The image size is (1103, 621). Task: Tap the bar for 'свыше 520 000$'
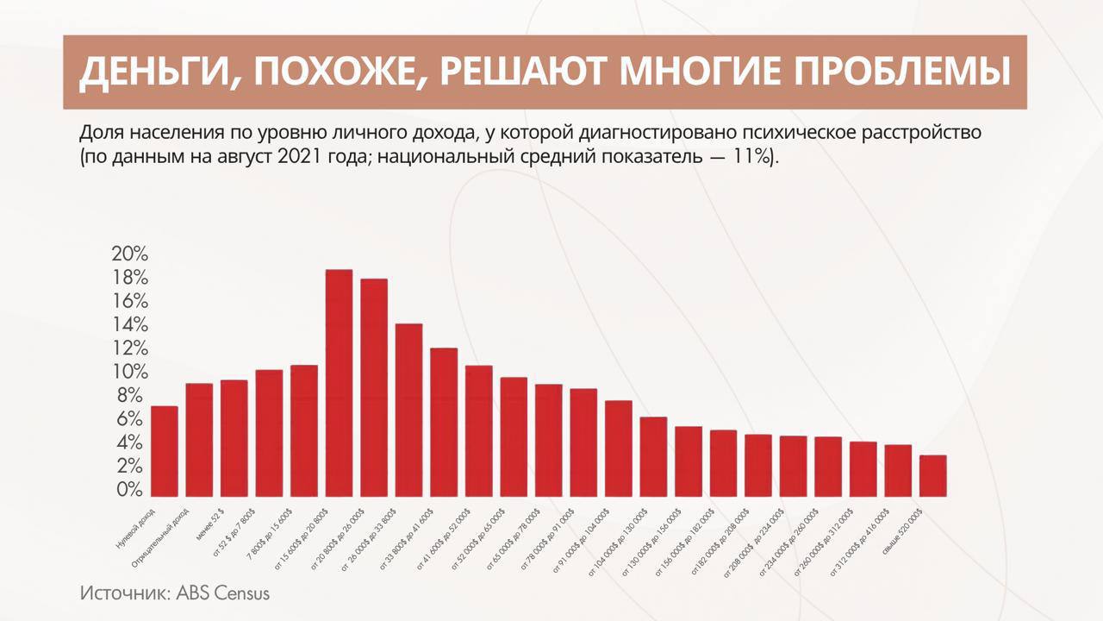(x=932, y=475)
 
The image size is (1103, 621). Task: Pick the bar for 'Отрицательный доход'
(x=199, y=440)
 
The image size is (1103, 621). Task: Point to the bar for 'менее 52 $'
(x=234, y=438)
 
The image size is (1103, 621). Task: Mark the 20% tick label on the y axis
(x=130, y=254)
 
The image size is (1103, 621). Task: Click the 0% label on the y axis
(x=130, y=490)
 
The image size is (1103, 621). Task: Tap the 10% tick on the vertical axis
(x=130, y=373)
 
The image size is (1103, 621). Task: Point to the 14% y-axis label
(x=130, y=325)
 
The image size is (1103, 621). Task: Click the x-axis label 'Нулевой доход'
(x=135, y=528)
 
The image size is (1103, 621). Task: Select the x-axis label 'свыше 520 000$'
(x=902, y=529)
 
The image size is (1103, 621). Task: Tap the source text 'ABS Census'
(x=223, y=593)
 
